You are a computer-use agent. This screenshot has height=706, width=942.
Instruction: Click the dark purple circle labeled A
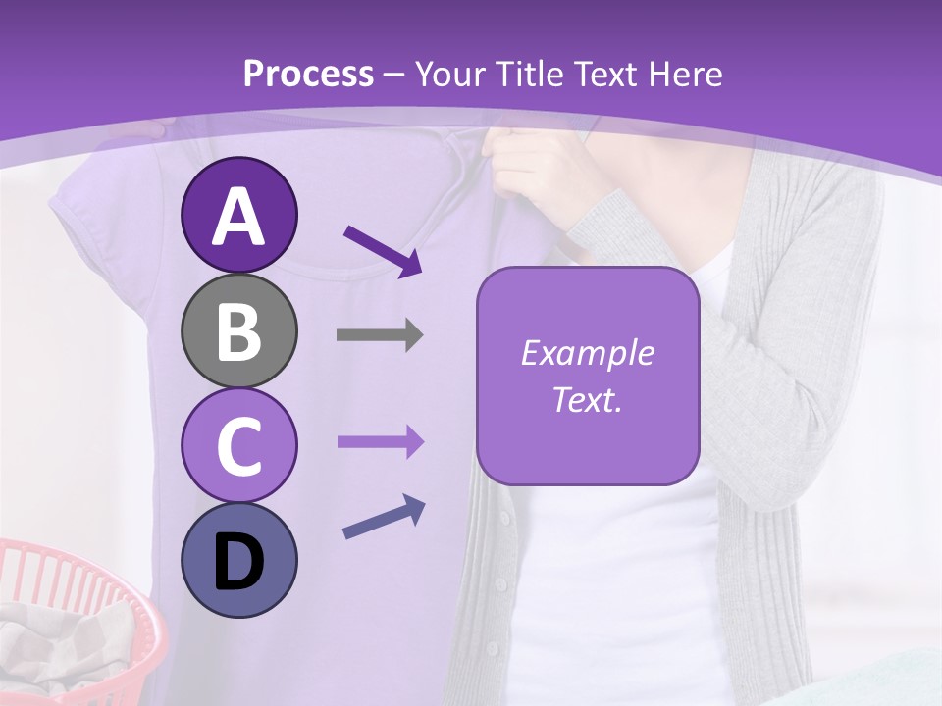click(238, 215)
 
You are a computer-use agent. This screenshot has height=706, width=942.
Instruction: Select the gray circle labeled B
click(238, 330)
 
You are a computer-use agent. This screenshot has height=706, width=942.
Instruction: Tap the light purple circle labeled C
click(238, 445)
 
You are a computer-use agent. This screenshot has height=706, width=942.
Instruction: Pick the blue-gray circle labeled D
click(238, 560)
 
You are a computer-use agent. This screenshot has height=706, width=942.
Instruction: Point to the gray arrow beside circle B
click(380, 335)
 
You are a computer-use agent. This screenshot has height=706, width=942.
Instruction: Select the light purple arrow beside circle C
click(381, 442)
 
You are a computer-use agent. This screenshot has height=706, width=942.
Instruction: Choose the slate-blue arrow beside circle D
click(384, 518)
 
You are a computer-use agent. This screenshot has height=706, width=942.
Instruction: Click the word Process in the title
click(308, 74)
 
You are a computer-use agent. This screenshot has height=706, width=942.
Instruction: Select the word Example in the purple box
click(587, 353)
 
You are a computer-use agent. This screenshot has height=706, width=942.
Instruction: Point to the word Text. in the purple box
click(587, 399)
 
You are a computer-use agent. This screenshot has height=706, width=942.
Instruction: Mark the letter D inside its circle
click(238, 562)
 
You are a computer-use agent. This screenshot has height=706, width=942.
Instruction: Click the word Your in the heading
click(451, 74)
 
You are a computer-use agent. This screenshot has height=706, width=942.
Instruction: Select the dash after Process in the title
click(394, 75)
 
